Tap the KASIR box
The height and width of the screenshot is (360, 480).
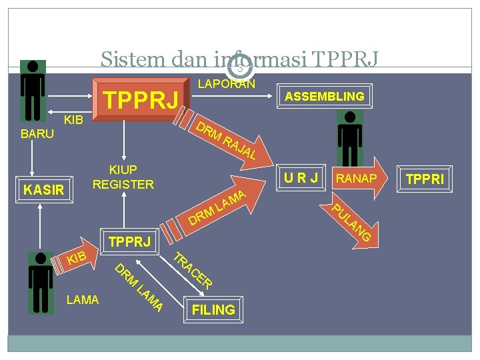[x=43, y=190]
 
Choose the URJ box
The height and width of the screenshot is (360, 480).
[x=301, y=177]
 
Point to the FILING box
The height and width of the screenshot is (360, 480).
[x=213, y=309]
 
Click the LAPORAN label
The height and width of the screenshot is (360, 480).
[x=227, y=84]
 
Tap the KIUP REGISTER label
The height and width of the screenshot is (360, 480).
[x=123, y=177]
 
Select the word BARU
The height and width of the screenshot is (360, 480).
[x=37, y=134]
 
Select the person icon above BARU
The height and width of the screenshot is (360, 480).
[x=32, y=91]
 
